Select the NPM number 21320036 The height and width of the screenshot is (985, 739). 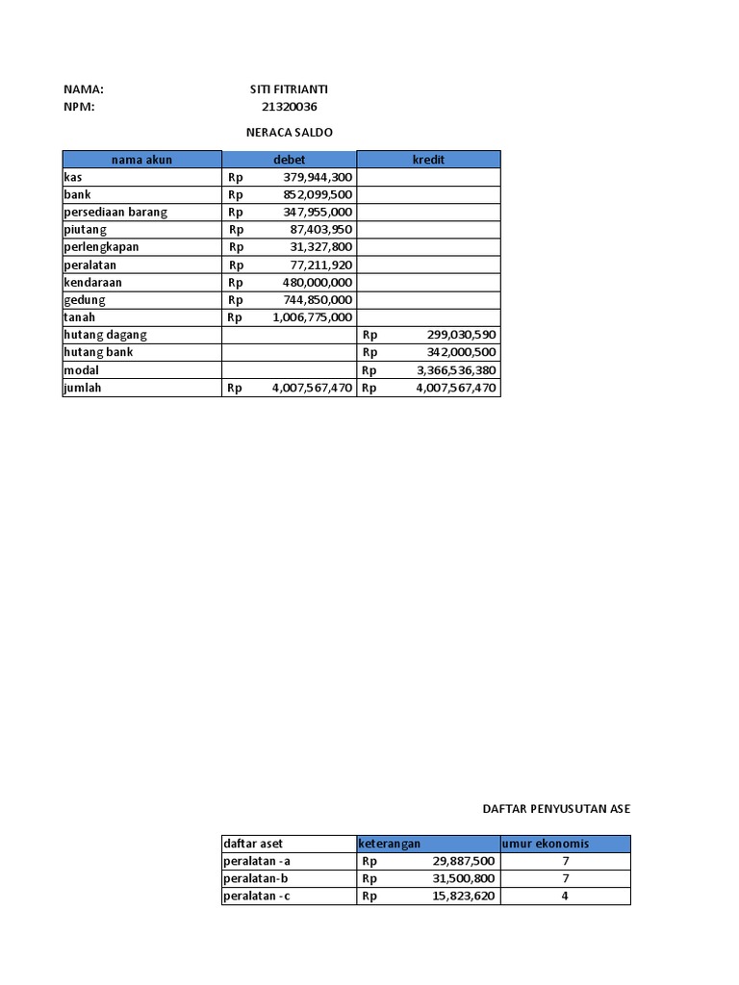289,107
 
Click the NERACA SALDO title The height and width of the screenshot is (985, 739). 289,132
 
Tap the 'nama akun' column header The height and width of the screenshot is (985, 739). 141,160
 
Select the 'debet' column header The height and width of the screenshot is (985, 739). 289,160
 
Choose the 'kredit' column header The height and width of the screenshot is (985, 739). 428,160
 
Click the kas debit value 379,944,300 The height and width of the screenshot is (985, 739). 319,177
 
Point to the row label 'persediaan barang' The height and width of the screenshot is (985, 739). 115,212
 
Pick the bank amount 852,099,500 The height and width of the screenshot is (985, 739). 319,194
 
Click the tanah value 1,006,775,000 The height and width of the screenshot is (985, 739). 313,317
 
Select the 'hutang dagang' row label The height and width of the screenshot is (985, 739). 106,335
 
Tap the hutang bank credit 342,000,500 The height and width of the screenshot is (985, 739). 461,352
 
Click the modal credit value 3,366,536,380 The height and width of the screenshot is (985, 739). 456,370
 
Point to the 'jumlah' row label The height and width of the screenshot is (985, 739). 83,388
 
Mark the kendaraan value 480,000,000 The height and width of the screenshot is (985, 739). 319,283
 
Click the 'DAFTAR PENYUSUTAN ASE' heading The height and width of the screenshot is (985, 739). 556,809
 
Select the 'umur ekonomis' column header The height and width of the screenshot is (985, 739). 545,844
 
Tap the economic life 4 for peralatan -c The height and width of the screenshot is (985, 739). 566,896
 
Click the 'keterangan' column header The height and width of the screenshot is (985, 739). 390,844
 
